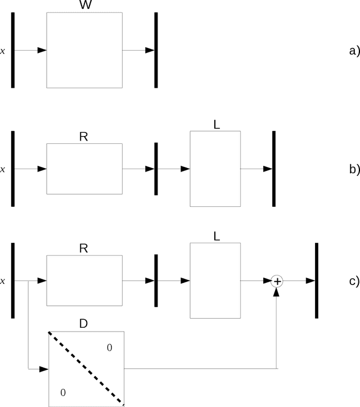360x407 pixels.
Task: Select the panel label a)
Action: click(x=354, y=51)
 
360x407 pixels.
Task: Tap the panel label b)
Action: click(x=354, y=169)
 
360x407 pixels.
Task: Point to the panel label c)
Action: click(x=354, y=281)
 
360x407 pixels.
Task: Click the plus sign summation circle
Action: click(x=277, y=281)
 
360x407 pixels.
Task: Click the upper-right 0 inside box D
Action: click(x=110, y=348)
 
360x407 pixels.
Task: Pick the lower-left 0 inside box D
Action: click(x=62, y=392)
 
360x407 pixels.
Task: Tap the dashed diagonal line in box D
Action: click(x=85, y=369)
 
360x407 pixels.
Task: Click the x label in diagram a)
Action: click(x=3, y=51)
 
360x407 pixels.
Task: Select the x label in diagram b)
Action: click(x=3, y=169)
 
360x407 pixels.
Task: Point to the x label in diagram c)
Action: click(x=3, y=282)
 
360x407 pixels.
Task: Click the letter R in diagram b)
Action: click(x=84, y=137)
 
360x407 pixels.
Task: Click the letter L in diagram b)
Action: click(x=217, y=125)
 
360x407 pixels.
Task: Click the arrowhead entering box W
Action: click(x=42, y=51)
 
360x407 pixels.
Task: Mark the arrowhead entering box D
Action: click(x=43, y=369)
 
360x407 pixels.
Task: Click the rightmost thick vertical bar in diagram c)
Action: click(x=317, y=281)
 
